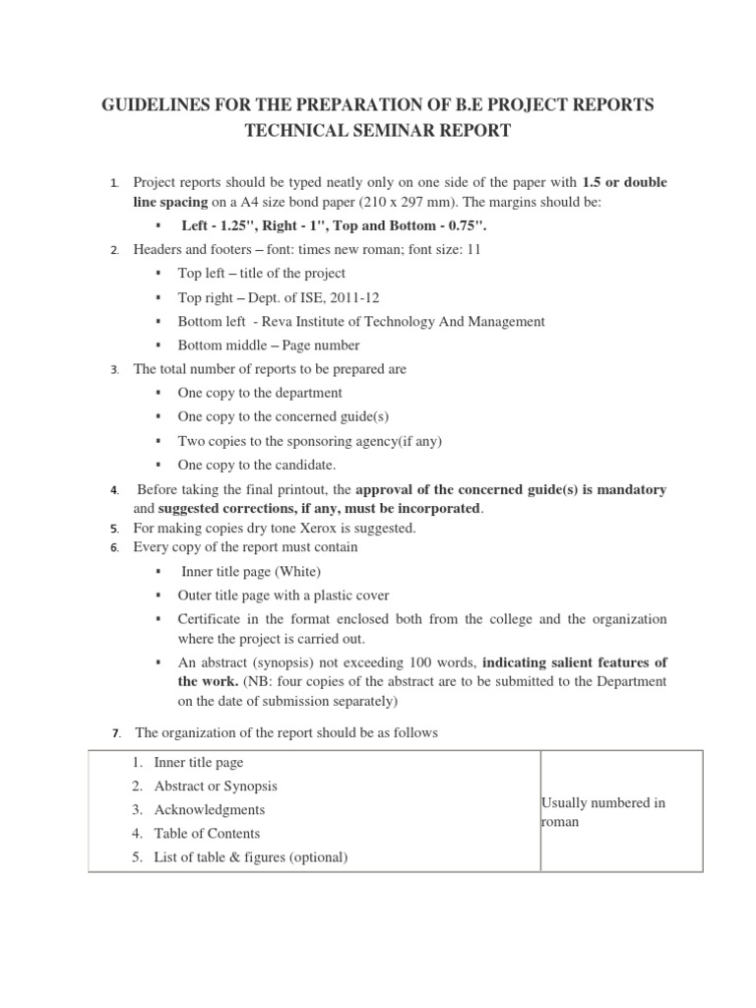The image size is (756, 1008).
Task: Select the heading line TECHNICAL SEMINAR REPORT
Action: pyautogui.click(x=377, y=131)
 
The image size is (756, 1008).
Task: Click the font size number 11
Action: pyautogui.click(x=473, y=250)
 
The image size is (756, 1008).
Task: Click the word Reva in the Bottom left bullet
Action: pyautogui.click(x=273, y=322)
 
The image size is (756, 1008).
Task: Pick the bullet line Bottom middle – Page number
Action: pyautogui.click(x=268, y=346)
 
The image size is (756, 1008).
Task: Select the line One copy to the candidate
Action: pyautogui.click(x=256, y=465)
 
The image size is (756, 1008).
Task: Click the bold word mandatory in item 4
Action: pyautogui.click(x=631, y=489)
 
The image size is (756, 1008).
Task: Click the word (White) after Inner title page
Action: pyautogui.click(x=300, y=571)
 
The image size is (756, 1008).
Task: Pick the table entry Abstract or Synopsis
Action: pyautogui.click(x=216, y=787)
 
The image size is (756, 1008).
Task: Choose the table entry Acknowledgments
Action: pyautogui.click(x=210, y=810)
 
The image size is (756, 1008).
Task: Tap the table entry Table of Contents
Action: pyautogui.click(x=207, y=834)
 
